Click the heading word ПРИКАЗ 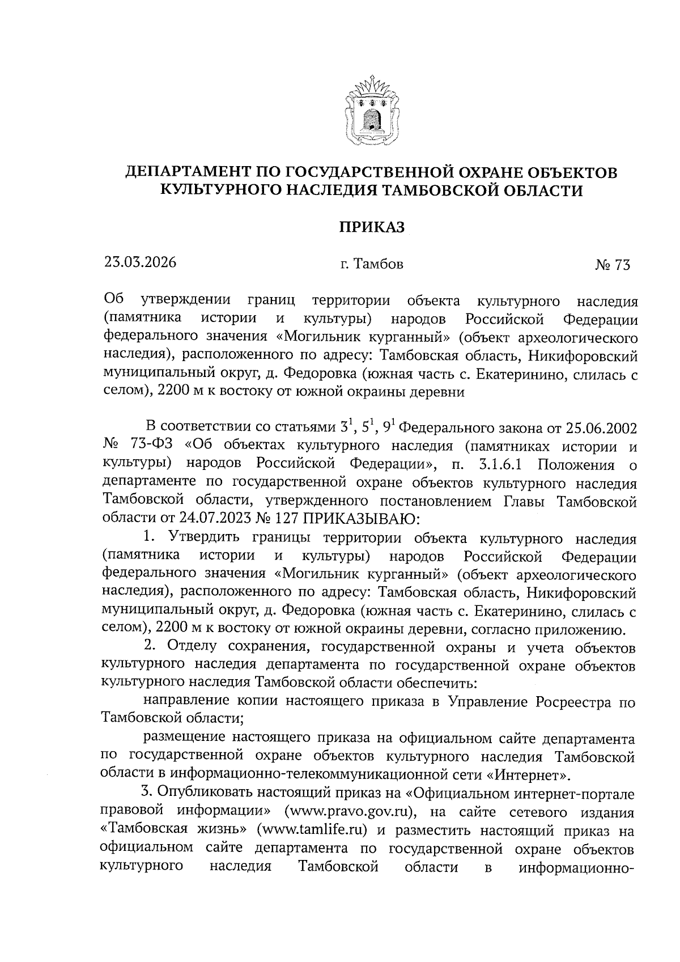372,227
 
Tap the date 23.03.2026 140,262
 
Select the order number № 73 613,265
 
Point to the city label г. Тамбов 372,264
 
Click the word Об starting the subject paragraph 113,300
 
